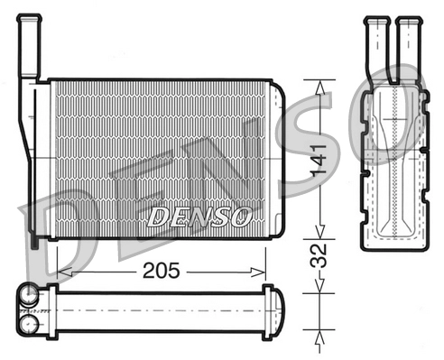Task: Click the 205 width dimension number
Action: pos(161,269)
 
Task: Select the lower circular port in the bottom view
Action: pos(30,321)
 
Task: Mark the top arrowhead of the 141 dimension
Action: pos(319,84)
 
